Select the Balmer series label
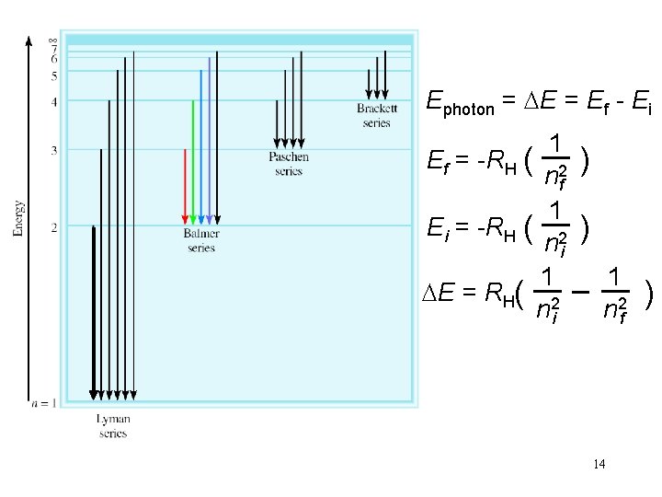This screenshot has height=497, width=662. click(201, 240)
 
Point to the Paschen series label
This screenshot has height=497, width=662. click(288, 164)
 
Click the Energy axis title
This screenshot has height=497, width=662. click(18, 218)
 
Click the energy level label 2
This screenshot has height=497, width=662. click(54, 226)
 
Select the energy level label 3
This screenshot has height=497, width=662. click(54, 150)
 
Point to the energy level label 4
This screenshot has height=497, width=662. click(54, 101)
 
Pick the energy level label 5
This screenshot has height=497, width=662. click(54, 75)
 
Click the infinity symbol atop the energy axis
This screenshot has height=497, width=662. click(53, 40)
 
